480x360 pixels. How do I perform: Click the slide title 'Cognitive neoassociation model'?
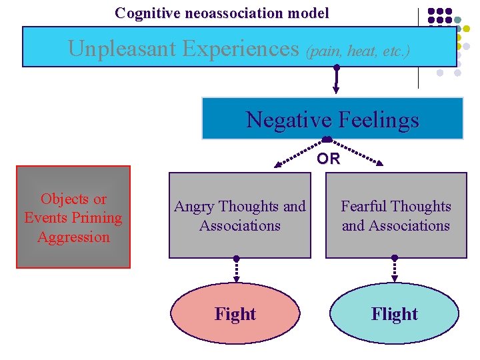[221, 13]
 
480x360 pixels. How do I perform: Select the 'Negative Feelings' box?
[332, 119]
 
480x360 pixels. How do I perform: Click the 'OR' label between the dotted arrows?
[328, 159]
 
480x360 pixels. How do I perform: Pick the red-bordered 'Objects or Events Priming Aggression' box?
[73, 217]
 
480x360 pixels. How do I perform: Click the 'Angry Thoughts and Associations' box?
[239, 215]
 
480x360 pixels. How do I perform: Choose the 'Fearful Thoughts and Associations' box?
[396, 215]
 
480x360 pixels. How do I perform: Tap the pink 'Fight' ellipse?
[235, 314]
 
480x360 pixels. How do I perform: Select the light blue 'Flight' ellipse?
[395, 314]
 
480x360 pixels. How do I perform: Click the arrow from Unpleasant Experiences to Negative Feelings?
[337, 80]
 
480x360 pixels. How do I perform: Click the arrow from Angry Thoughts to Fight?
[236, 269]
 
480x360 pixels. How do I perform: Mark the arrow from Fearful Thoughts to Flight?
[395, 269]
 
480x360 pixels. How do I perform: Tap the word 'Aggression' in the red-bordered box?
[73, 237]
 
